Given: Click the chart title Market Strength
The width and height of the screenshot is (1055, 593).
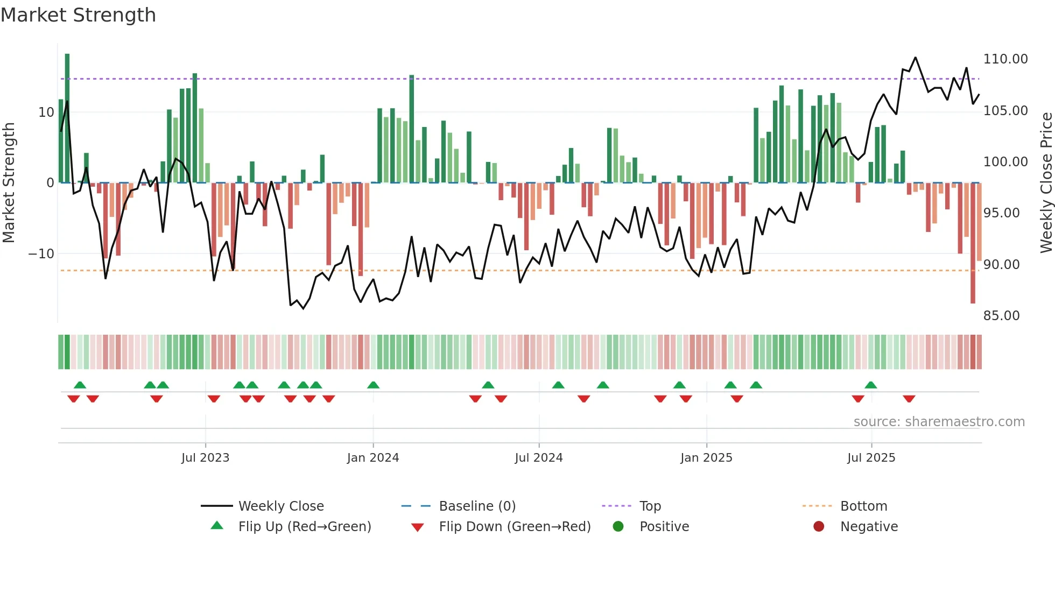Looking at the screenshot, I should tap(78, 15).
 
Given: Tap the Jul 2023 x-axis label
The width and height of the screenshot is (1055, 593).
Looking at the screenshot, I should tap(205, 458).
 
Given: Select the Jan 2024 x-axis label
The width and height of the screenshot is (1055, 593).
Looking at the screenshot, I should tap(373, 458).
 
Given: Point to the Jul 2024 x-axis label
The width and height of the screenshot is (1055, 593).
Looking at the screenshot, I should tap(539, 458).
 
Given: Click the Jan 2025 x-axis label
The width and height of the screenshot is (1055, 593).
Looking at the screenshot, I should tap(706, 458).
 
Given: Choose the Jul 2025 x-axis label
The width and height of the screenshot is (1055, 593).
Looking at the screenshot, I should tap(871, 458).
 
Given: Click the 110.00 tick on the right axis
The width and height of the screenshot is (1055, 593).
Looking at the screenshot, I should tap(1005, 59).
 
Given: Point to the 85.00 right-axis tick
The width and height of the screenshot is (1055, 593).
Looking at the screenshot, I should tap(1001, 316).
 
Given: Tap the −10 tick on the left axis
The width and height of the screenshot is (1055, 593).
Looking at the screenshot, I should tap(41, 254).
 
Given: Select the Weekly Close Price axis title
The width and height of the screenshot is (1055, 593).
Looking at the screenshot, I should tap(1046, 183).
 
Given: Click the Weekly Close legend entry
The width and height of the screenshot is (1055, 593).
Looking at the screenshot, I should tap(280, 506).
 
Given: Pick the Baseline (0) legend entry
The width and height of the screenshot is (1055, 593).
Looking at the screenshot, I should tap(477, 506).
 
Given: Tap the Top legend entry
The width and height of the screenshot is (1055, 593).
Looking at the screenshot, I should tap(650, 506).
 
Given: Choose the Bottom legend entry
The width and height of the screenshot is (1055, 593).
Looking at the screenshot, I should tap(863, 506).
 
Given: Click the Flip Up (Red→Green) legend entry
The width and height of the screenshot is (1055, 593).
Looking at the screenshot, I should tap(304, 527).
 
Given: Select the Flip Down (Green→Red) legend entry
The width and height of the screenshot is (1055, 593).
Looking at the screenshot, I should tap(514, 527).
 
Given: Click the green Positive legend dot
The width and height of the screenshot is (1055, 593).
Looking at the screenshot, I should tap(618, 527).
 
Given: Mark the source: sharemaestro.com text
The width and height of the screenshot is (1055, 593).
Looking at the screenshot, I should tap(939, 422).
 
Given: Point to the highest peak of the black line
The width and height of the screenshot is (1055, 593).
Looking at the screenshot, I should tap(915, 58).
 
